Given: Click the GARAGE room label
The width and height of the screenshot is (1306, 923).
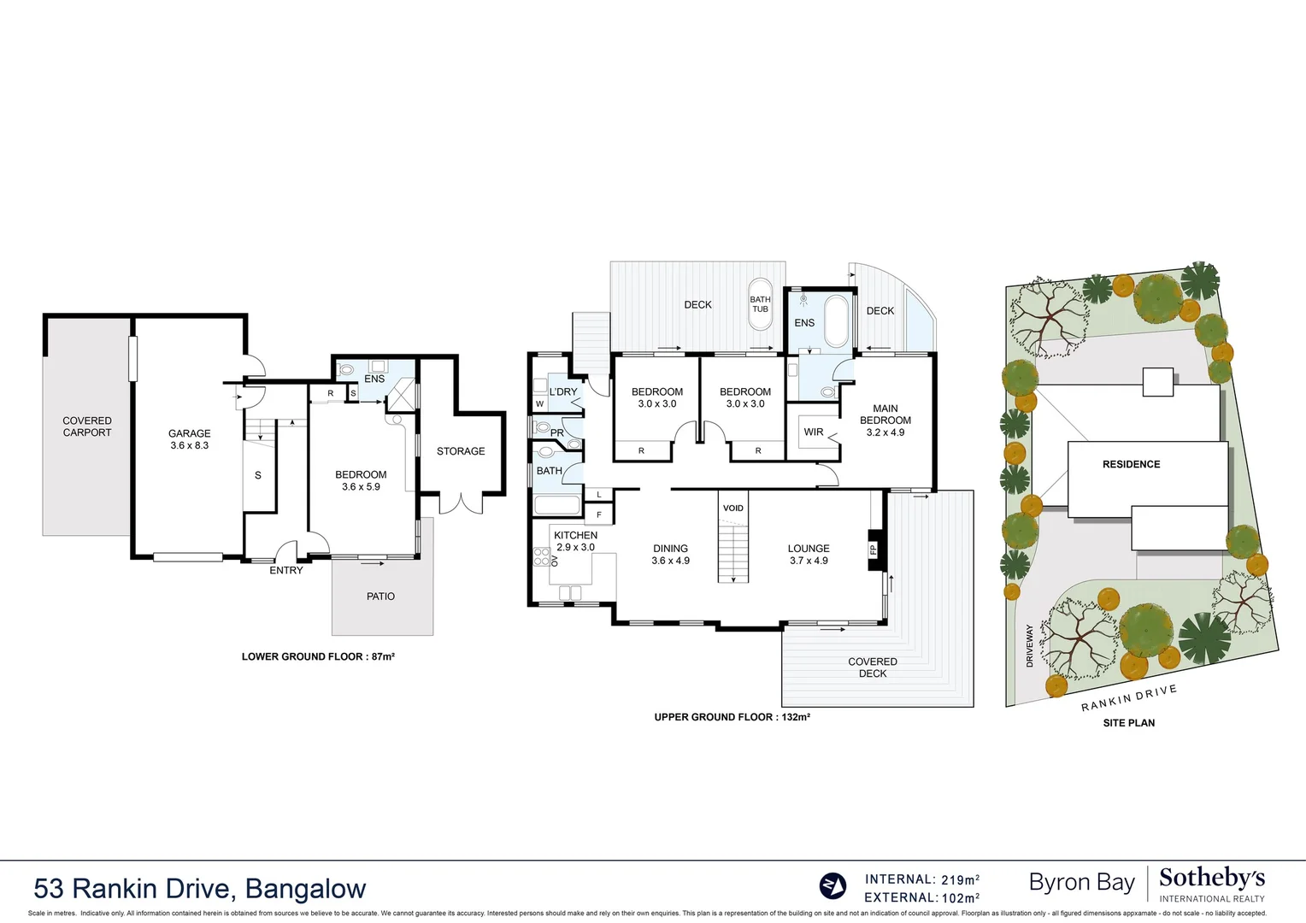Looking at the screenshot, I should coord(189,434).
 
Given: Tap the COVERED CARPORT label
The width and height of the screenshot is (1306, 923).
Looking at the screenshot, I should coord(87,426).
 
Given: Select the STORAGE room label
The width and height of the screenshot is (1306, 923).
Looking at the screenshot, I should coord(461,451).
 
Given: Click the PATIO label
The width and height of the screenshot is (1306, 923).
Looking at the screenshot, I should coord(380,597).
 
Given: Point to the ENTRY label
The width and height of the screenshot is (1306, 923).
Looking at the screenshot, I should coord(286,570).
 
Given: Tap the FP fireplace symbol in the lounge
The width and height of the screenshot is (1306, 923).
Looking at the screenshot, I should coord(873,550).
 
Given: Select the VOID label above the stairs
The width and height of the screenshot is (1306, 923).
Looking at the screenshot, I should coord(733,508).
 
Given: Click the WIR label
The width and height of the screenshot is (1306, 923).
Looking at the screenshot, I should coord(814,432).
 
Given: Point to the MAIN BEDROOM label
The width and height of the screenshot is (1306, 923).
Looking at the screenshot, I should coord(885,414).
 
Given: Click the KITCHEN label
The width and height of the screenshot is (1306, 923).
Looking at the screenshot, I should coord(575,535).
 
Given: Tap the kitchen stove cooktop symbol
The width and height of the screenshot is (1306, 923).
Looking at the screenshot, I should coord(542,557).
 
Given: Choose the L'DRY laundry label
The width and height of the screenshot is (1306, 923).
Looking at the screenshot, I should coord(563,391).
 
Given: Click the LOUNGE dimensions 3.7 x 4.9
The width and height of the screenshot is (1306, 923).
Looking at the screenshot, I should coord(809,561).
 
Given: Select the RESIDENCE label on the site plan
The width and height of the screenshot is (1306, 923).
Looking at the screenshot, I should coord(1131,464).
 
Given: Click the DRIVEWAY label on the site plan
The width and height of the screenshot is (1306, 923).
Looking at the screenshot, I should coord(1030,645).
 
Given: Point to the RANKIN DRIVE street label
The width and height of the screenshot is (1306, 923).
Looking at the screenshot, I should coord(1128,698).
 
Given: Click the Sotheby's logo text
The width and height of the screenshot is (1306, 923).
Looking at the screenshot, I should coord(1211,879).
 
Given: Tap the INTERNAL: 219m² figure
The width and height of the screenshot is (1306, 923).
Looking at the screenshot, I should coord(921,879).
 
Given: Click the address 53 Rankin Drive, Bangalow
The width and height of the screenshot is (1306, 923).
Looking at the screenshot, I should coord(200,889).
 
